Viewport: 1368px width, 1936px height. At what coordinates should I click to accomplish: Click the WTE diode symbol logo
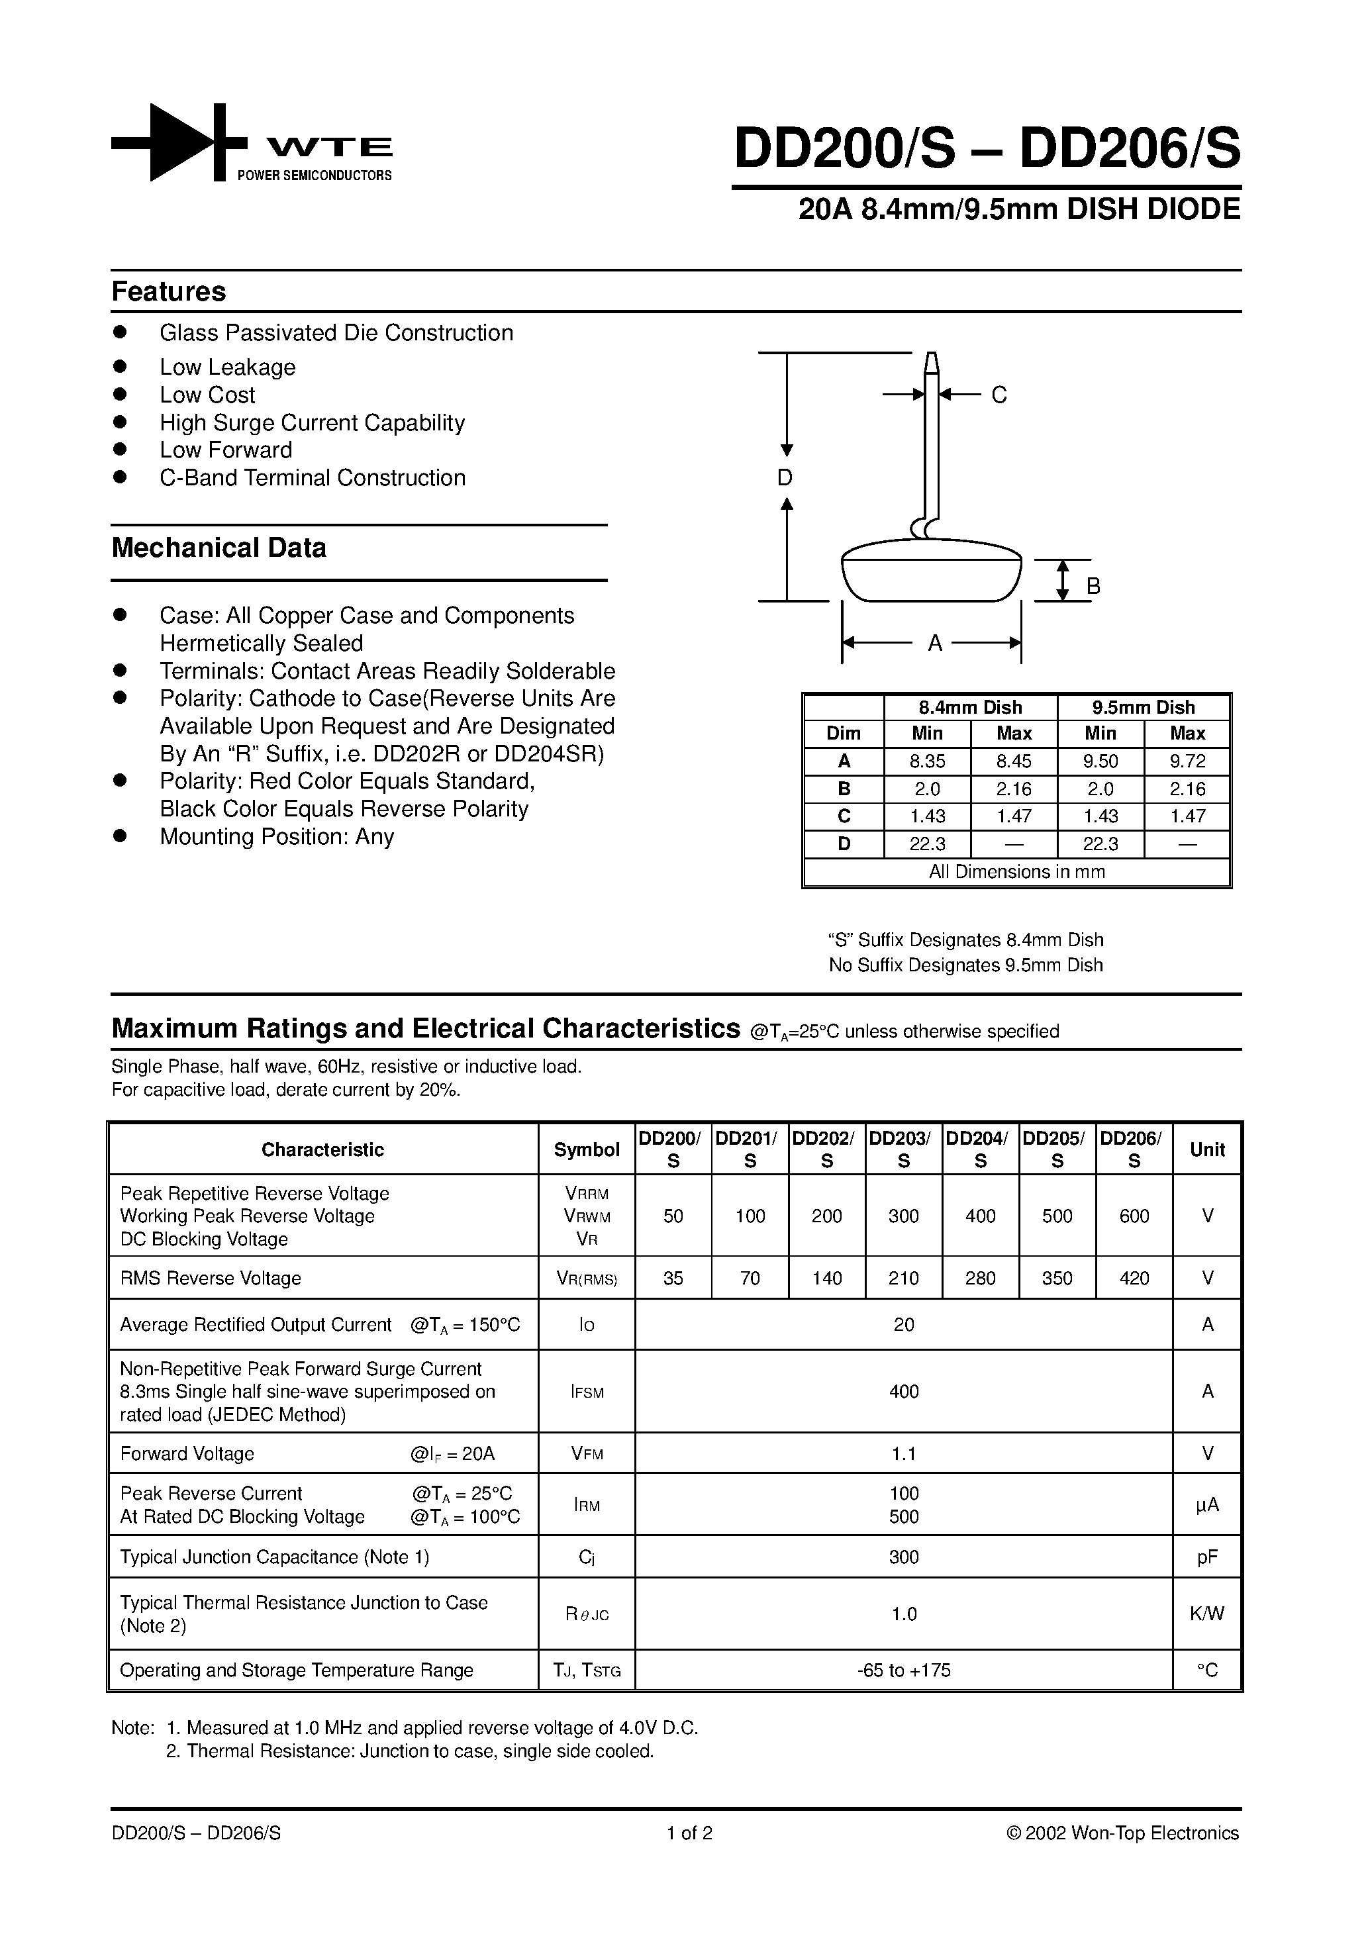[x=179, y=142]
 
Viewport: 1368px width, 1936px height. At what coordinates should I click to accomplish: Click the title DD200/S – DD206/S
[x=987, y=149]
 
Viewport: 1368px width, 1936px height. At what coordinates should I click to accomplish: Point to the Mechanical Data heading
[x=219, y=548]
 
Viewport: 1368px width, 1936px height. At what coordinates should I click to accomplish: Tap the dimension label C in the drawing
[x=999, y=395]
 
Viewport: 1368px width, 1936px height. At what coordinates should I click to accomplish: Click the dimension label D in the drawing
[x=785, y=478]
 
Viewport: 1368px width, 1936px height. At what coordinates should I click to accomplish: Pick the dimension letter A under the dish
[x=934, y=644]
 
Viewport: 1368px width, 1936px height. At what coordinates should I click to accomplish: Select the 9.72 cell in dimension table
[x=1187, y=761]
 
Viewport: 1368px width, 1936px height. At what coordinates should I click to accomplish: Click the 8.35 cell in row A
[x=927, y=761]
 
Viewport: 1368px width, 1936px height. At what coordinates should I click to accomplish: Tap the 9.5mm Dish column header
[x=1144, y=707]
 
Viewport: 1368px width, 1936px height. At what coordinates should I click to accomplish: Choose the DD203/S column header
[x=903, y=1149]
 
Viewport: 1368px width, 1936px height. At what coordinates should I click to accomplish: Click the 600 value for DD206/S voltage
[x=1134, y=1216]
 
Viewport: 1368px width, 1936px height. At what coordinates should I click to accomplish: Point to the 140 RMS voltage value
[x=826, y=1279]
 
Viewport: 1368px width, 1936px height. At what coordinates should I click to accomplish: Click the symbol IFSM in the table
[x=587, y=1392]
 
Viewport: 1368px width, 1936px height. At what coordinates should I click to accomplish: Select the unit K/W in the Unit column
[x=1207, y=1614]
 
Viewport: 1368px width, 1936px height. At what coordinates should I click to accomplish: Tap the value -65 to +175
[x=903, y=1670]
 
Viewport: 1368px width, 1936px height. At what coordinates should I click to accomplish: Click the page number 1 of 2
[x=689, y=1833]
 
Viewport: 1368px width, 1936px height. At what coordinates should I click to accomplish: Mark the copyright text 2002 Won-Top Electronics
[x=1122, y=1833]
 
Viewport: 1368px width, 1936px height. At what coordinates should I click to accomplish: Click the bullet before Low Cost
[x=120, y=395]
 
